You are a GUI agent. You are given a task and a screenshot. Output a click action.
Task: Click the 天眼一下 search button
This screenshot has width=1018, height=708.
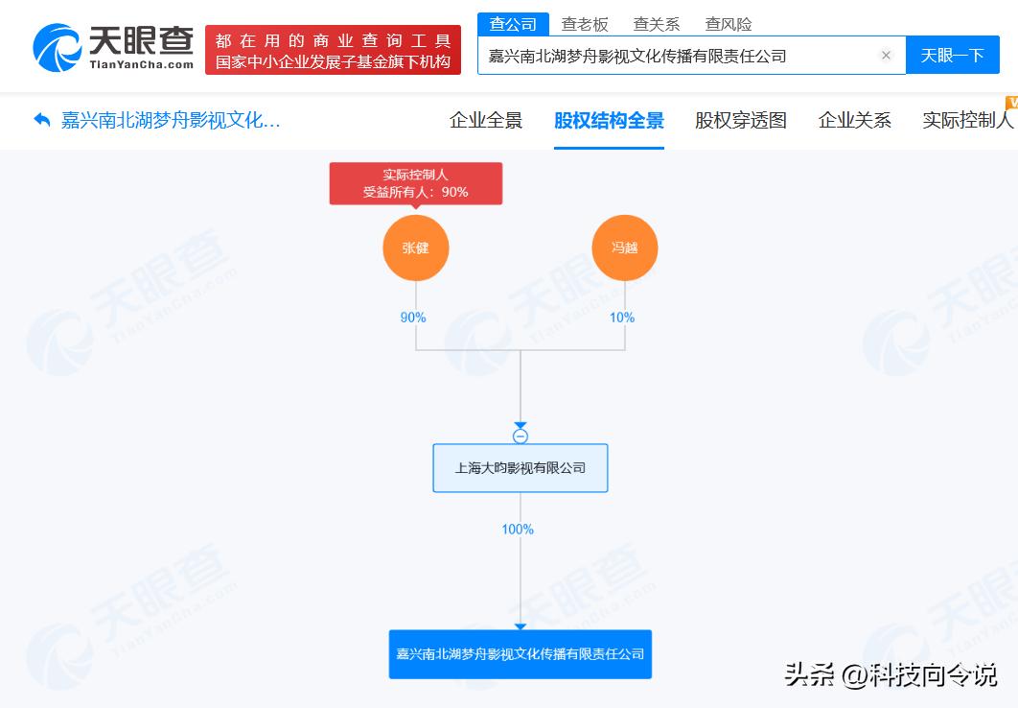click(x=953, y=56)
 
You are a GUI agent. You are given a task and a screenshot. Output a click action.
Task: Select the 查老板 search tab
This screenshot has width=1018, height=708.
click(x=585, y=25)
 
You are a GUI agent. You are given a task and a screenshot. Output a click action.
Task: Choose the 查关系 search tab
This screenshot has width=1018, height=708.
click(x=657, y=25)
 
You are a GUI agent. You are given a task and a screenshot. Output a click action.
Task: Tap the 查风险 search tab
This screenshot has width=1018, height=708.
click(x=729, y=25)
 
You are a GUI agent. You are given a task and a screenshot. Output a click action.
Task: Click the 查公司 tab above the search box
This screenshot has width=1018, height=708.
click(x=513, y=24)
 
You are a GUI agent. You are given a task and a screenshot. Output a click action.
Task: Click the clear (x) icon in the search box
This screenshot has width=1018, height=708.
click(x=886, y=56)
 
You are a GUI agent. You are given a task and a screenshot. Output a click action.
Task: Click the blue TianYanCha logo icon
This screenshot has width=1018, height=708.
click(x=58, y=47)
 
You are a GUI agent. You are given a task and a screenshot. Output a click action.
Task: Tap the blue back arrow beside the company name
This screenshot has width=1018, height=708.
click(x=42, y=120)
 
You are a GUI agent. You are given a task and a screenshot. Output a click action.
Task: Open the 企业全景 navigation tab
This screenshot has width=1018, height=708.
click(x=486, y=120)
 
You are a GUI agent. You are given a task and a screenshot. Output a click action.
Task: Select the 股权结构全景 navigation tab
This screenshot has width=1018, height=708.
click(x=609, y=120)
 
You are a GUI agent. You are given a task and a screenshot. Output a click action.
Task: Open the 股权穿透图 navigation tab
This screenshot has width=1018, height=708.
click(x=741, y=120)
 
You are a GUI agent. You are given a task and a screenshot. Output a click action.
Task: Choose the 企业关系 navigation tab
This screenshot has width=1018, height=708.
click(x=854, y=120)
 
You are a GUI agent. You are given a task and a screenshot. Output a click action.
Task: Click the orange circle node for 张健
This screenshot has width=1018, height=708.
click(x=415, y=248)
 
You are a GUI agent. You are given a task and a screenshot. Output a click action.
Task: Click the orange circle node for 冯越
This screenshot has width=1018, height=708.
click(x=625, y=248)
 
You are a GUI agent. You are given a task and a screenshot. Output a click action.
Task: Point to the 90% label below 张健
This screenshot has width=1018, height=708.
click(x=413, y=317)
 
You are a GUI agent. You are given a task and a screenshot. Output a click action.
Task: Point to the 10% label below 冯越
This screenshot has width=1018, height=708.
click(x=622, y=317)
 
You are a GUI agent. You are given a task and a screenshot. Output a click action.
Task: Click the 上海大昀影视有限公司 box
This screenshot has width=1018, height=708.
click(x=521, y=467)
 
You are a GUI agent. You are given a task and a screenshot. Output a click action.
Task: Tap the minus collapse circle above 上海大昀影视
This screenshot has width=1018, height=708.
click(x=521, y=436)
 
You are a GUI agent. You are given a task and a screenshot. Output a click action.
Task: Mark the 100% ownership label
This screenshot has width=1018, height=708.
click(x=518, y=530)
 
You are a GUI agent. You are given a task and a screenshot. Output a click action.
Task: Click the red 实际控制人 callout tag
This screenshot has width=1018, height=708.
click(x=415, y=183)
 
